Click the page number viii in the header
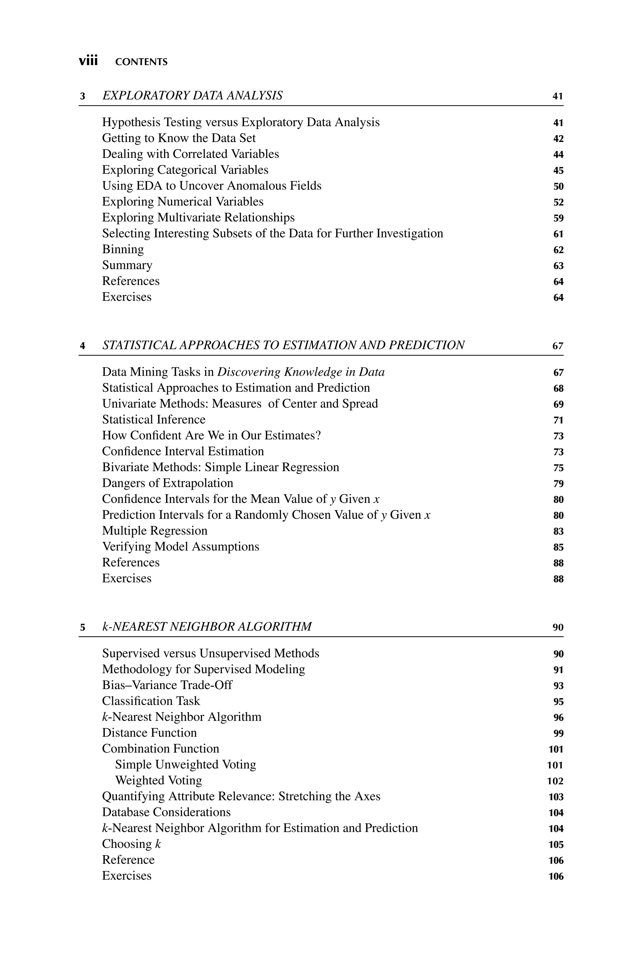pyautogui.click(x=88, y=61)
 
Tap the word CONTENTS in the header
pyautogui.click(x=141, y=62)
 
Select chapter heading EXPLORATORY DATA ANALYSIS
pyautogui.click(x=192, y=96)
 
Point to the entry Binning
pyautogui.click(x=123, y=249)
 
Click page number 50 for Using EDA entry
pyautogui.click(x=558, y=186)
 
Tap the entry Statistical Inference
pyautogui.click(x=154, y=419)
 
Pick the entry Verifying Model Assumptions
pyautogui.click(x=181, y=546)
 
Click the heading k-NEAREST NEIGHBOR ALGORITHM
pyautogui.click(x=207, y=626)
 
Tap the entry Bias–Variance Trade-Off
pyautogui.click(x=167, y=685)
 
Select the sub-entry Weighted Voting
pyautogui.click(x=159, y=780)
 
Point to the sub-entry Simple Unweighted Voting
pyautogui.click(x=185, y=765)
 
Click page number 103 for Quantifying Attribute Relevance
pyautogui.click(x=556, y=797)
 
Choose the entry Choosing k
pyautogui.click(x=131, y=844)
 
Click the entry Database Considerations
pyautogui.click(x=166, y=812)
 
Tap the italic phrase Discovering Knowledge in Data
pyautogui.click(x=301, y=372)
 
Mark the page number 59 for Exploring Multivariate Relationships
pyautogui.click(x=558, y=218)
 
